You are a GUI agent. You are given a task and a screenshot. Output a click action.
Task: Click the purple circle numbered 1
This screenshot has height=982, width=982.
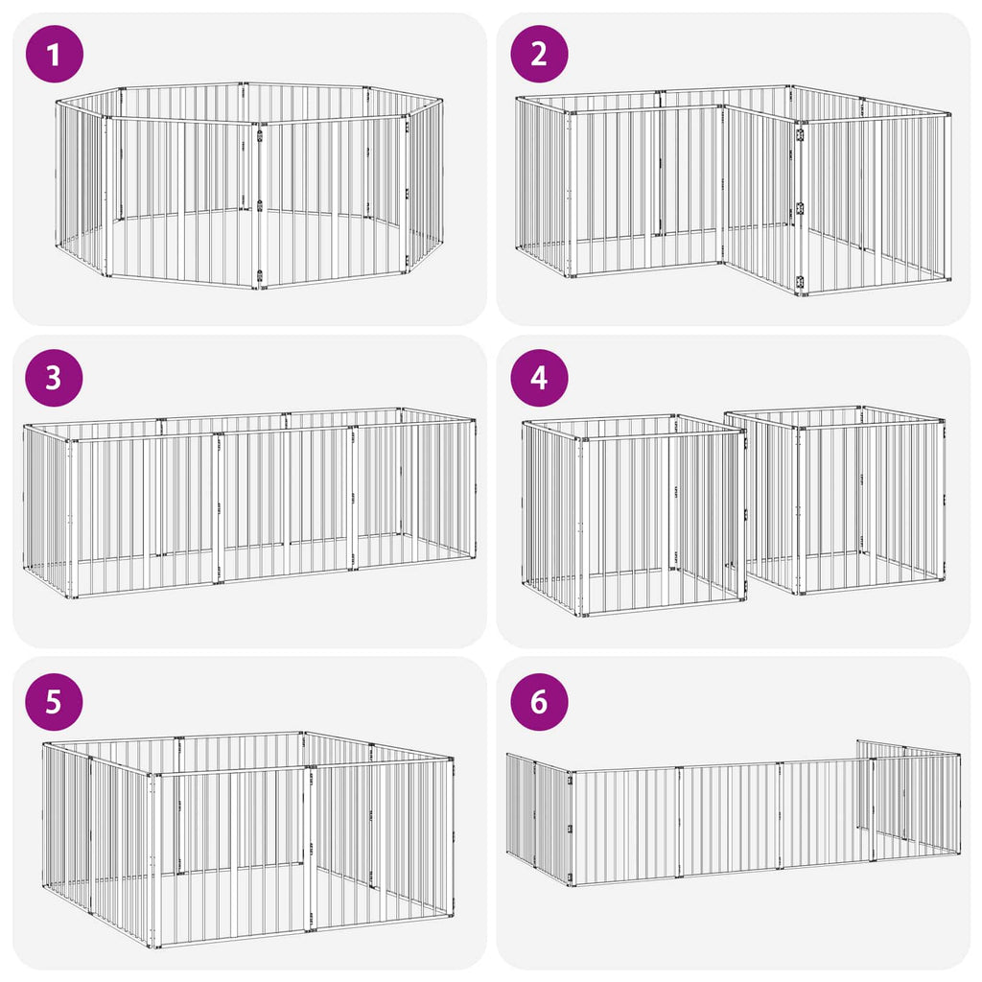tap(54, 54)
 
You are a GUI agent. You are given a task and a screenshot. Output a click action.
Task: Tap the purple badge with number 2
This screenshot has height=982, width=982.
tap(539, 54)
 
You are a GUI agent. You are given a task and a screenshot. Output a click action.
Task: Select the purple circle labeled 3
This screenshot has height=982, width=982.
tap(54, 378)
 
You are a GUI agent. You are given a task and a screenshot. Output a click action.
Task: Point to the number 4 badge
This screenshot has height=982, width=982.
tap(539, 378)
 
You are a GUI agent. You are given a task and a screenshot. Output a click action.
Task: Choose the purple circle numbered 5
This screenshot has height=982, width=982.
tap(54, 701)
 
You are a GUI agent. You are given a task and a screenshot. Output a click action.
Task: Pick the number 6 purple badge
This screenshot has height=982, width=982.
tap(539, 701)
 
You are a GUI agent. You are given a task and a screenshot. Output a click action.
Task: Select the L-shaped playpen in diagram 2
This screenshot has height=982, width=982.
tap(734, 191)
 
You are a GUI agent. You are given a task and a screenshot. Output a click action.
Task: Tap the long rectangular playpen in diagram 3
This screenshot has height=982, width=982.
tap(249, 503)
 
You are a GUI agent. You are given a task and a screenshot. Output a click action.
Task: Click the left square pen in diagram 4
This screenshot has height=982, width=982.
tap(635, 515)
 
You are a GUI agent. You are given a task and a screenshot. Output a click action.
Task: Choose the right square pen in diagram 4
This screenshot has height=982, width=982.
tap(835, 500)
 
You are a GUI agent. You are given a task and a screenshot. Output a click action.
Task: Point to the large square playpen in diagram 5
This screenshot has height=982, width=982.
tap(248, 839)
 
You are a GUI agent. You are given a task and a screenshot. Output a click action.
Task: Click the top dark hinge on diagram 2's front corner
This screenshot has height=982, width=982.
tap(800, 134)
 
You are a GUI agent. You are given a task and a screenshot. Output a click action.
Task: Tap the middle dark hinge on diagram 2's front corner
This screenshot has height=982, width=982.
tap(800, 208)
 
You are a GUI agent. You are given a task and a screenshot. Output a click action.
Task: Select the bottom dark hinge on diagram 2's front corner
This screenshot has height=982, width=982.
tap(800, 282)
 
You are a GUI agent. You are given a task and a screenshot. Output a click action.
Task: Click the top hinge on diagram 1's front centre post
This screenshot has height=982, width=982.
tap(260, 134)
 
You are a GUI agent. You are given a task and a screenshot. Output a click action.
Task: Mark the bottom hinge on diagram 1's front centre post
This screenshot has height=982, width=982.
tap(260, 275)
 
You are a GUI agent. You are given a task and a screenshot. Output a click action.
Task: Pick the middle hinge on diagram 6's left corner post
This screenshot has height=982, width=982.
tap(570, 830)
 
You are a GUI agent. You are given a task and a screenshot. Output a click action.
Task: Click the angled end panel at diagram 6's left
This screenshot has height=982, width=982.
tap(539, 819)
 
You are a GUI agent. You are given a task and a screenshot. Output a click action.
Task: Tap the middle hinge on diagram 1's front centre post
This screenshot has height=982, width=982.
tap(260, 205)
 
